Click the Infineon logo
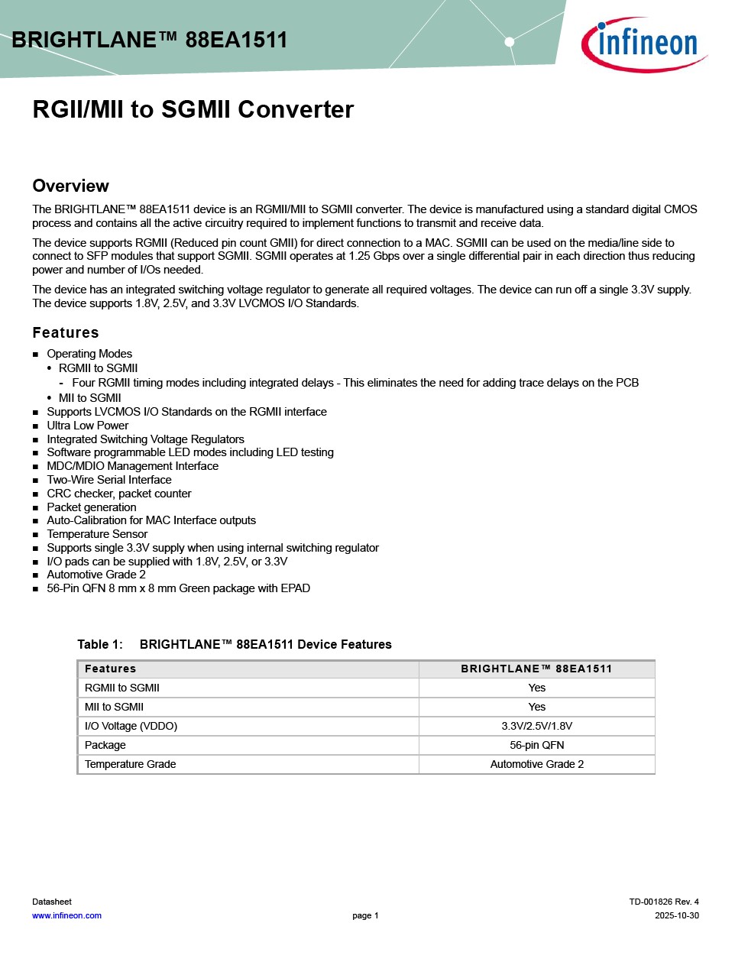(644, 44)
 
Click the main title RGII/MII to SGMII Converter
(193, 109)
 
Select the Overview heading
(70, 186)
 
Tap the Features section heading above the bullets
(66, 332)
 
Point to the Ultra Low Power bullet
(88, 426)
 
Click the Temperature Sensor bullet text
(97, 534)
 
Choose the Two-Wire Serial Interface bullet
(109, 480)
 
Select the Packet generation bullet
(92, 507)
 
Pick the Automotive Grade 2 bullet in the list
(96, 575)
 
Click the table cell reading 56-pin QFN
(537, 745)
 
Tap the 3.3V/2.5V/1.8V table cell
(537, 726)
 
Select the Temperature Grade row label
(130, 764)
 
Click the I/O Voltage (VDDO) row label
(131, 726)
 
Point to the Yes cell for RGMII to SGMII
(537, 688)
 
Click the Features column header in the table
(110, 669)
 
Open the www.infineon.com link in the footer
(66, 915)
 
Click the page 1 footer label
(365, 915)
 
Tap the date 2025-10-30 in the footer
(676, 915)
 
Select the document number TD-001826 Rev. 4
(663, 902)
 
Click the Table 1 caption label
(99, 644)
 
